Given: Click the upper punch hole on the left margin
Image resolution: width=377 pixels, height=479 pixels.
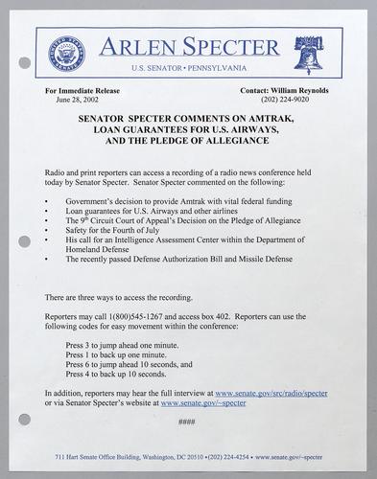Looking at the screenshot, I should coord(24,63).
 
